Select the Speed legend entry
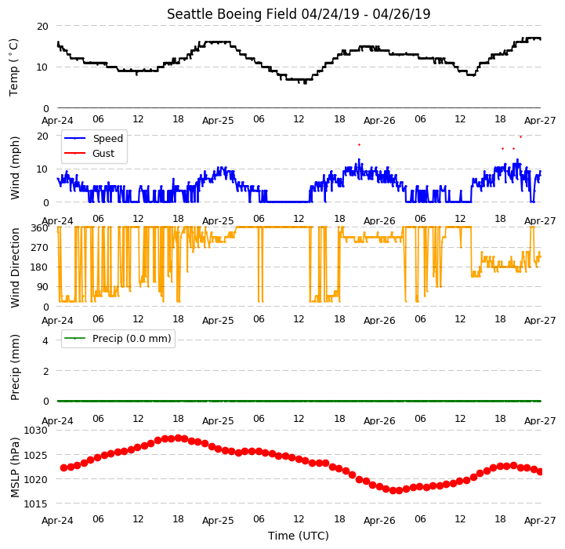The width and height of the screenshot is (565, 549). (x=93, y=139)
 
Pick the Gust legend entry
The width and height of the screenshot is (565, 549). (x=89, y=153)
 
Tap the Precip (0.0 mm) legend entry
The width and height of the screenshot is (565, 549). (x=118, y=338)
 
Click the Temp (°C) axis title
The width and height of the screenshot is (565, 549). (x=13, y=67)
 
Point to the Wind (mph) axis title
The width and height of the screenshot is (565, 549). (x=15, y=168)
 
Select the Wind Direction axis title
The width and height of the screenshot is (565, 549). (x=15, y=267)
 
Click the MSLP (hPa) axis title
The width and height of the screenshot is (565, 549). (x=15, y=467)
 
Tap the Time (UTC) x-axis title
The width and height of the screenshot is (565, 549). (x=299, y=536)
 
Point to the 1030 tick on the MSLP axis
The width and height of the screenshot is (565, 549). (x=36, y=431)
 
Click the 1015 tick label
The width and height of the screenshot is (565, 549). (x=36, y=504)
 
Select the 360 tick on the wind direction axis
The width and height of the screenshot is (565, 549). (x=40, y=228)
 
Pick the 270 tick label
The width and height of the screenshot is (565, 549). (x=40, y=248)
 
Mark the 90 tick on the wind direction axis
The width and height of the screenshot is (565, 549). (x=42, y=287)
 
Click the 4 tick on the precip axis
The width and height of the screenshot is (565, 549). (x=45, y=340)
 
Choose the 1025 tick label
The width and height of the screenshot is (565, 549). (x=36, y=455)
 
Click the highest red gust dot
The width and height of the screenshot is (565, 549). (x=520, y=137)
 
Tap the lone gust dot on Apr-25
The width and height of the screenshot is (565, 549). (x=359, y=144)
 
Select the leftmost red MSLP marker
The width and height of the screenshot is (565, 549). (x=63, y=468)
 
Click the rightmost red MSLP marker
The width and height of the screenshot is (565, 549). (x=539, y=472)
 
